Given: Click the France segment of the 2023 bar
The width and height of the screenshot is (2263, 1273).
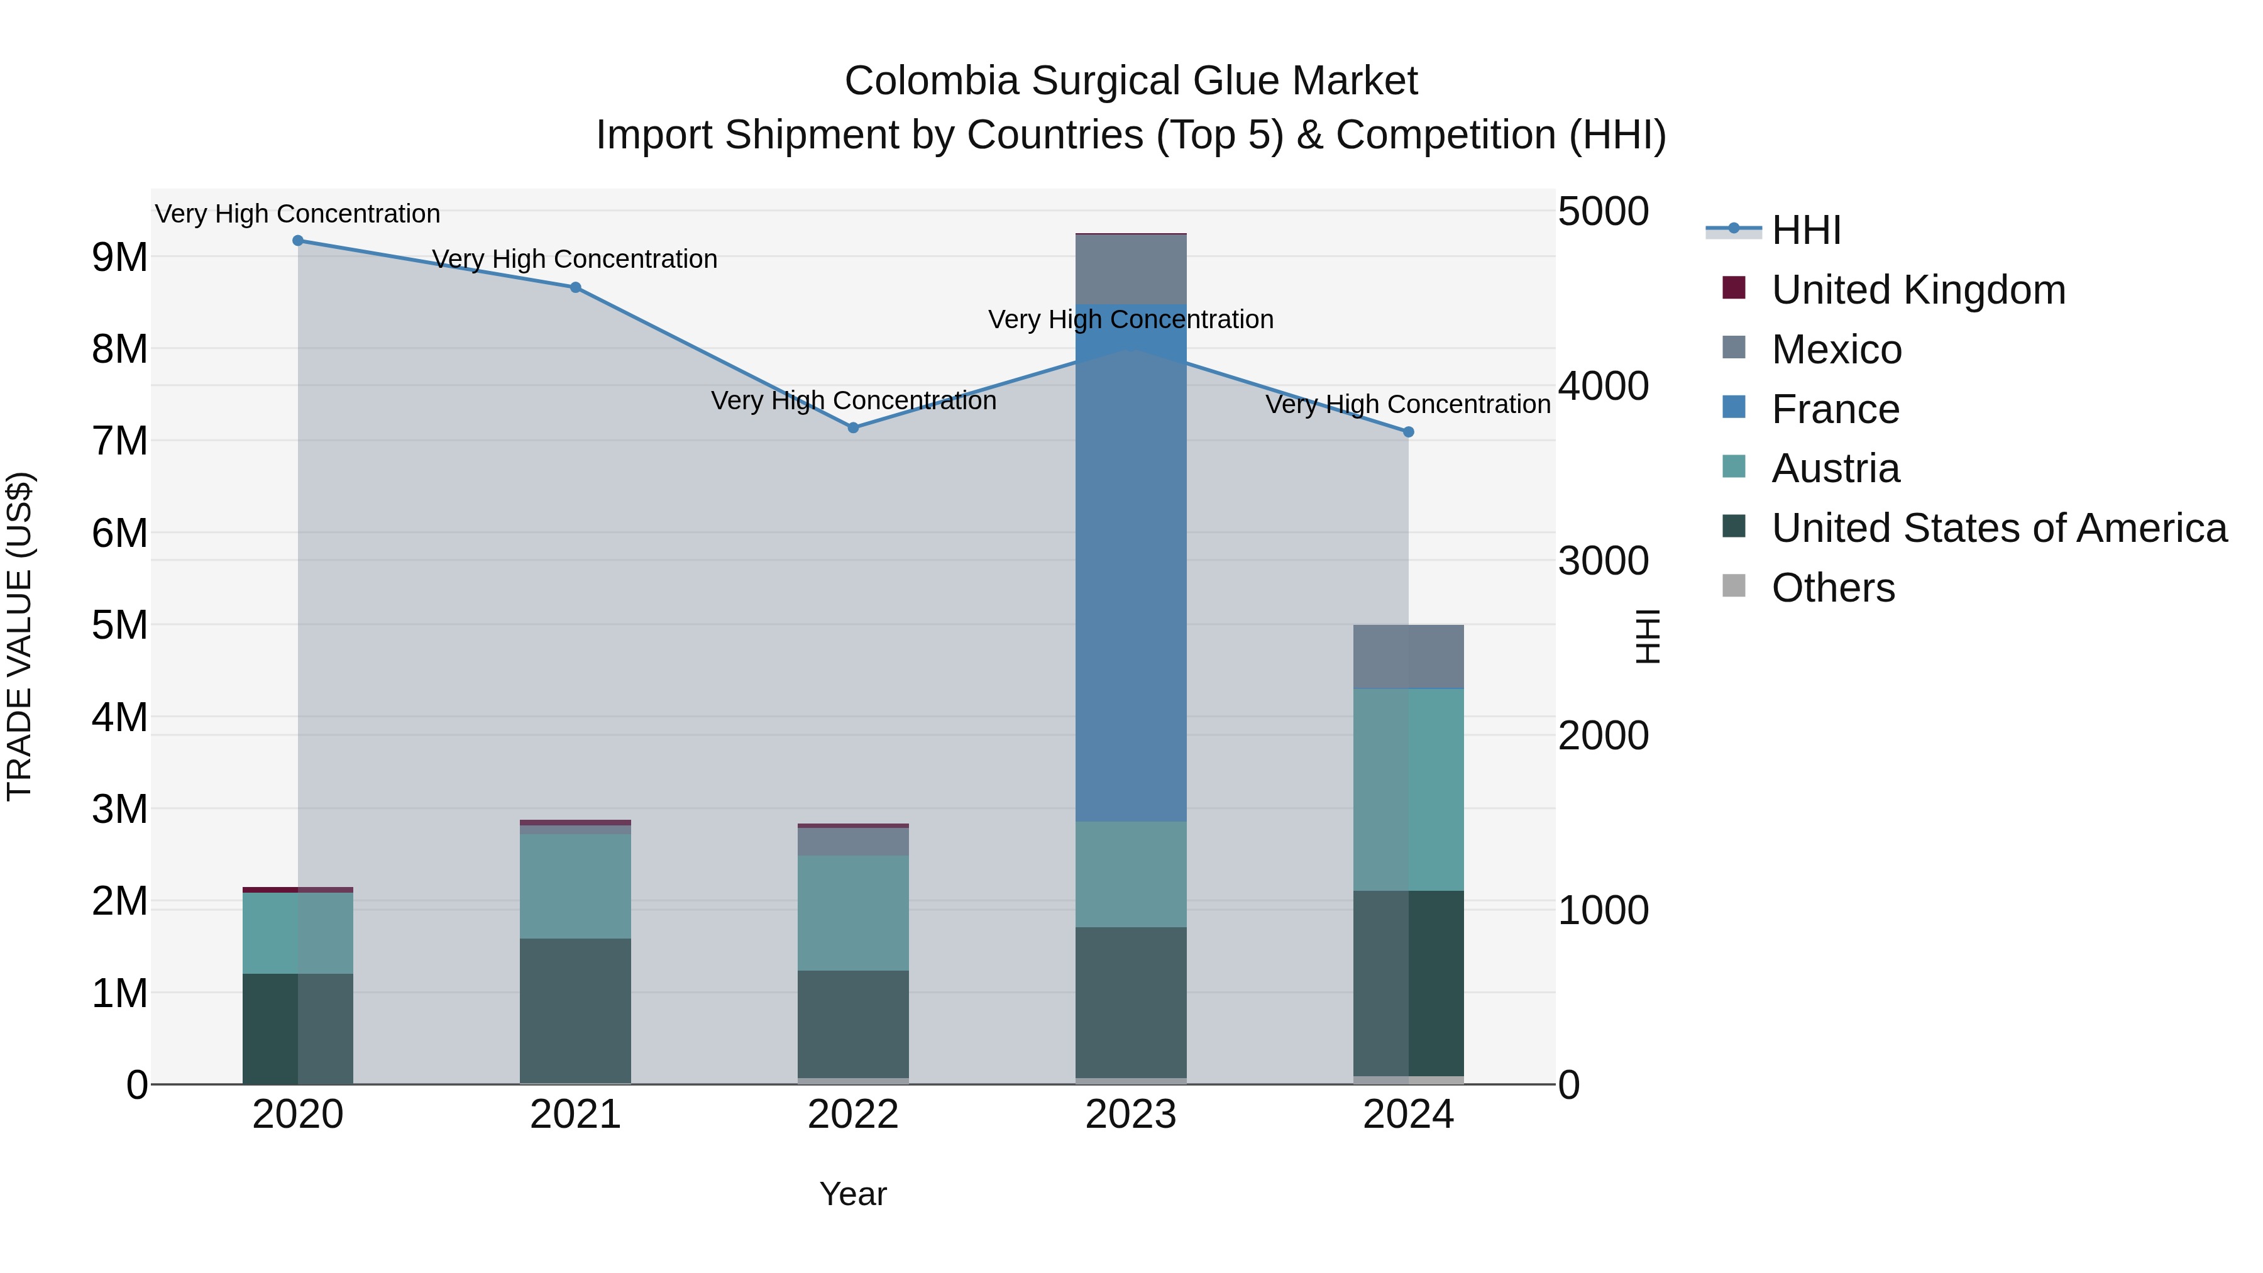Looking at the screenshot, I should coord(1131,562).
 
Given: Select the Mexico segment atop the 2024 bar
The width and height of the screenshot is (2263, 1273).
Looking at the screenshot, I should coord(1408,656).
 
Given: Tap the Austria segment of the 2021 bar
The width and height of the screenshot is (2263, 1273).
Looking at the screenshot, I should coord(575,886).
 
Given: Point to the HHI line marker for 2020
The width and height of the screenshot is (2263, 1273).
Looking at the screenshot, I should coord(298,241).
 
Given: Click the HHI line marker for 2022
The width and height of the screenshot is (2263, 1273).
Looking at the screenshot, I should coord(853,428).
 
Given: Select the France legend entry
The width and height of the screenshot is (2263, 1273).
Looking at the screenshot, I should coord(1835,409).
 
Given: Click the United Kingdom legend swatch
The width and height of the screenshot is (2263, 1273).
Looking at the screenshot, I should coord(1734,288).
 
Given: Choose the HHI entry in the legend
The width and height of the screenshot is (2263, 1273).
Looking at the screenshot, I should coord(1805,230).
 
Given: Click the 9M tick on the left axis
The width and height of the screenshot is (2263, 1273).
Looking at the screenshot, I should coord(119,257).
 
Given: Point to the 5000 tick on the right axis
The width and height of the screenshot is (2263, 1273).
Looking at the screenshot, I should coord(1603,212).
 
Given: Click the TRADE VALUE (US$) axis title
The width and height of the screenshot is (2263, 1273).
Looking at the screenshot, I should coord(20,636).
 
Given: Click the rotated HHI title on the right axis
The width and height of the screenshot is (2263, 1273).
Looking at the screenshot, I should coord(1648,636).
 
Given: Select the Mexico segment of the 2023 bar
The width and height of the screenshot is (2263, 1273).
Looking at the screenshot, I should coord(1131,270).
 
